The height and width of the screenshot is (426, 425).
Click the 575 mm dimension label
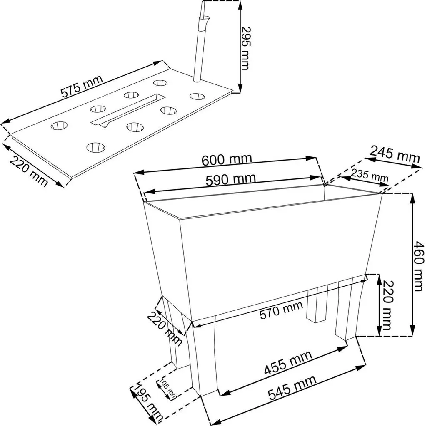pyautogui.click(x=82, y=86)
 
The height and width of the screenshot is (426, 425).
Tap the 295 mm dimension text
pyautogui.click(x=245, y=48)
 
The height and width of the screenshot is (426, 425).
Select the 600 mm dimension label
pyautogui.click(x=227, y=159)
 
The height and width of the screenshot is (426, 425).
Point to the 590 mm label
pyautogui.click(x=231, y=180)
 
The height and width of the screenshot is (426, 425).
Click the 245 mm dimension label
pyautogui.click(x=394, y=154)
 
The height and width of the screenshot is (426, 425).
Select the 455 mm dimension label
pyautogui.click(x=288, y=363)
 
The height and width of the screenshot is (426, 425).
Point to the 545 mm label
pyautogui.click(x=292, y=387)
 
